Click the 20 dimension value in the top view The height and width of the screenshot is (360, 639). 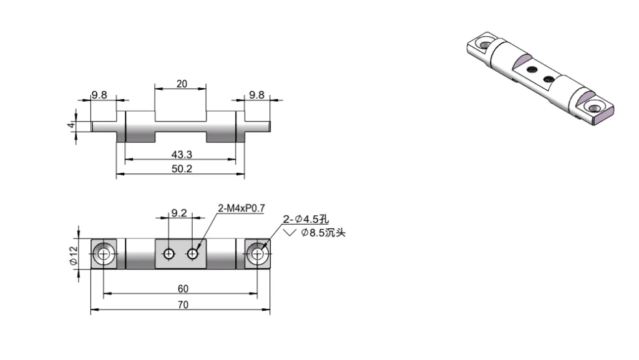tap(181, 84)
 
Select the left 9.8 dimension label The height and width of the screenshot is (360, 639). tap(99, 95)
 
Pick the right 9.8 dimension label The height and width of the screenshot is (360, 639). tap(256, 95)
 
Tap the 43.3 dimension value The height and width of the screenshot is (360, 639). tap(181, 153)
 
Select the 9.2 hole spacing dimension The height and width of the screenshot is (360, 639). tap(179, 213)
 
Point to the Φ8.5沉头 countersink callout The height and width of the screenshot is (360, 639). tap(323, 233)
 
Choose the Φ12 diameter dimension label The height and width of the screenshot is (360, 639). tap(72, 254)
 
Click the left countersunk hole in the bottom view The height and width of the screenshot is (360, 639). tap(104, 253)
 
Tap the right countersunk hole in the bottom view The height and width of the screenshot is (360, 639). tap(258, 253)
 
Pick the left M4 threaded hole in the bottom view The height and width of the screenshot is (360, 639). tap(168, 253)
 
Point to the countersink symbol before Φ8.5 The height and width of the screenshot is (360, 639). tap(290, 233)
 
